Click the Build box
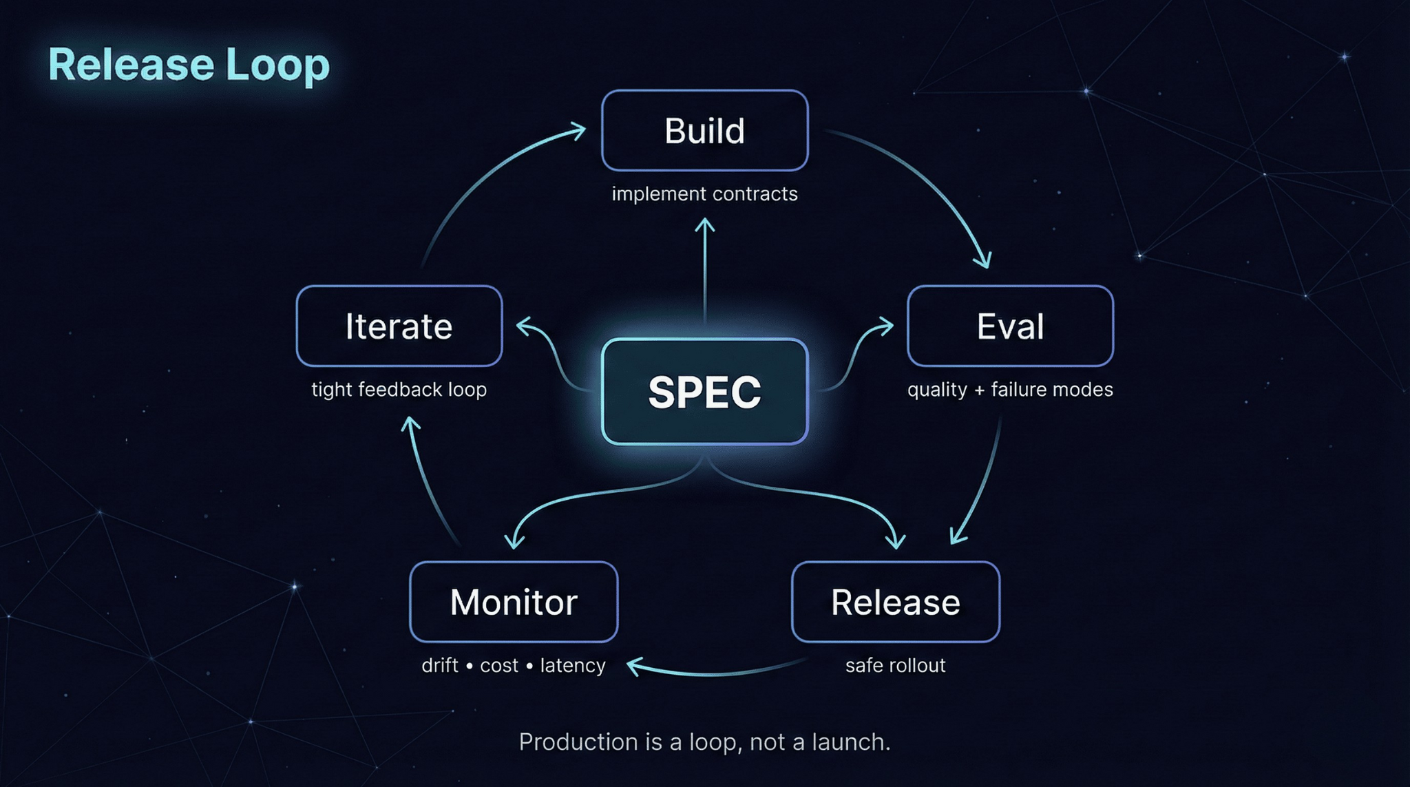coord(704,131)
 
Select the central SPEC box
coord(704,392)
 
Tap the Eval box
coord(1010,326)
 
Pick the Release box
coord(895,602)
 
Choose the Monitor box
coord(514,602)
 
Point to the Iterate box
coord(399,326)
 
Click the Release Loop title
coord(189,65)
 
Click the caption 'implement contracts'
coord(704,194)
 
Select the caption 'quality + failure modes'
coord(1010,390)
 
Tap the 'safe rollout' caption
coord(895,666)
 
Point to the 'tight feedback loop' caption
coord(399,390)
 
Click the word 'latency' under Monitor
coord(573,666)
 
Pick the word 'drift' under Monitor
coord(440,666)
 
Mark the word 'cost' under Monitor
coord(499,666)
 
